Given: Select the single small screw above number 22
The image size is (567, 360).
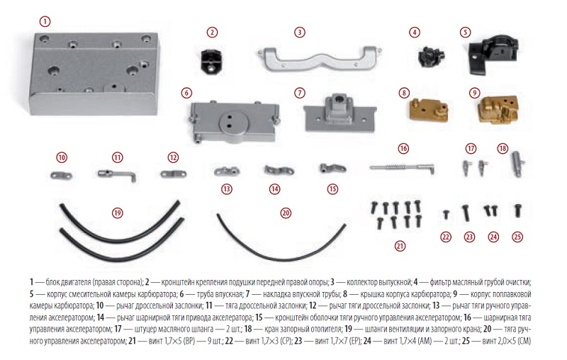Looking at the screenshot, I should pos(445,213).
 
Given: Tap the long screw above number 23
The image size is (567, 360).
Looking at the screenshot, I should pos(466,212).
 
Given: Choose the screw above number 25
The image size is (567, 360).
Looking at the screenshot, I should pos(518,210).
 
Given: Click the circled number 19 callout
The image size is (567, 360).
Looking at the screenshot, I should pos(118,213).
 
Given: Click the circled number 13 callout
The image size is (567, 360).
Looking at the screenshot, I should pos(226,189).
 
